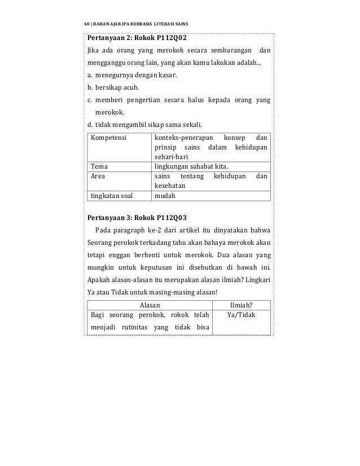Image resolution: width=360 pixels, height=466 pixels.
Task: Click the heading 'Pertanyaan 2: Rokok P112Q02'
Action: click(137, 38)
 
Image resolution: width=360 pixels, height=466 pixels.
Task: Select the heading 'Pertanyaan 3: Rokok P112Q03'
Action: click(137, 217)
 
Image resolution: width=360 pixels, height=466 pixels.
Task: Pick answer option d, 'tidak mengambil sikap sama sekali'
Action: click(148, 125)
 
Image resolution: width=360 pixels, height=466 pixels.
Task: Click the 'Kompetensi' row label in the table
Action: click(109, 137)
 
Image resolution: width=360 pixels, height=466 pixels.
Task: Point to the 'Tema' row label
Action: click(100, 166)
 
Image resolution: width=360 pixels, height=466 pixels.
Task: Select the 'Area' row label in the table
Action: click(99, 176)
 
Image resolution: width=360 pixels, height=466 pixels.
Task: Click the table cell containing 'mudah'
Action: click(165, 196)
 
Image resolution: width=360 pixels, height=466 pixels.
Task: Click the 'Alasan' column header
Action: click(150, 305)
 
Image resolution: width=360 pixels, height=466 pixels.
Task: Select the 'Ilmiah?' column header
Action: click(242, 305)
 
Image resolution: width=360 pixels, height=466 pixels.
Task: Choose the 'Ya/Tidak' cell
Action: click(242, 315)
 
